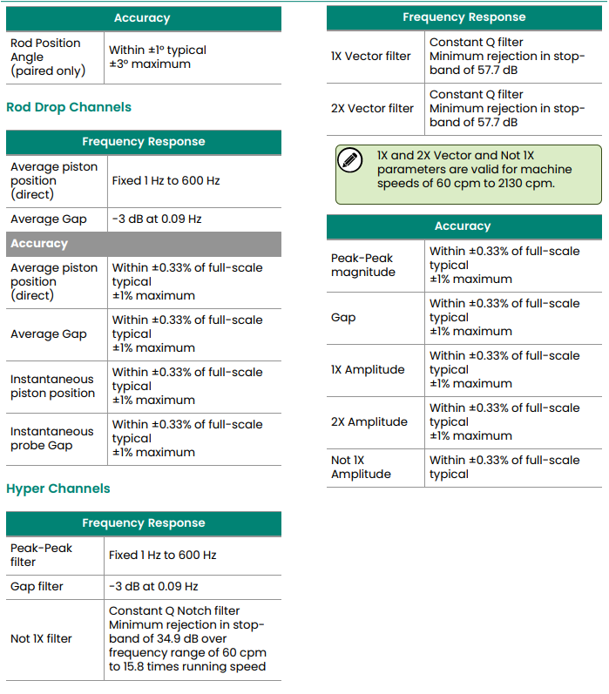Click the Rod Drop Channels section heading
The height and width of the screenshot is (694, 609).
pyautogui.click(x=69, y=107)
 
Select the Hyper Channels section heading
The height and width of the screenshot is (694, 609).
pyautogui.click(x=58, y=488)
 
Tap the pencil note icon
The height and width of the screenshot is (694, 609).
pyautogui.click(x=350, y=160)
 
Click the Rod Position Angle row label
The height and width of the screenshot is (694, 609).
pyautogui.click(x=47, y=57)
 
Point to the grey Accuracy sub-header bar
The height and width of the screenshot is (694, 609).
pyautogui.click(x=144, y=244)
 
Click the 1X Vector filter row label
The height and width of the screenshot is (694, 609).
pyautogui.click(x=371, y=56)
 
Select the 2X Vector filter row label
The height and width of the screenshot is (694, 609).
pyautogui.click(x=372, y=108)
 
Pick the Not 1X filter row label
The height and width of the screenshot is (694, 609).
pyautogui.click(x=41, y=638)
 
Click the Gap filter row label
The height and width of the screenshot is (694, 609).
pyautogui.click(x=37, y=586)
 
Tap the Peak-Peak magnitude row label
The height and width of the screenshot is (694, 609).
pyautogui.click(x=363, y=265)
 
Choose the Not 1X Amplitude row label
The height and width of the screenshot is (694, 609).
pyautogui.click(x=361, y=467)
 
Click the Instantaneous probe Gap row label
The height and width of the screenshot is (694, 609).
pyautogui.click(x=51, y=438)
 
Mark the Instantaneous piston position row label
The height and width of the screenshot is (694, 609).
pyautogui.click(x=53, y=386)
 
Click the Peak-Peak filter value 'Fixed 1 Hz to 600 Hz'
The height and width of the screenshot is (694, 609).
pyautogui.click(x=163, y=555)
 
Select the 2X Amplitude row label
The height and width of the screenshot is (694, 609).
pyautogui.click(x=369, y=421)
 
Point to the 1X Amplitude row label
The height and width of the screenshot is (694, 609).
pyautogui.click(x=368, y=369)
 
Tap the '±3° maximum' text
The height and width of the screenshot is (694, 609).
pyautogui.click(x=150, y=64)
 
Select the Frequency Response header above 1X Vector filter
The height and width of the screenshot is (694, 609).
pyautogui.click(x=464, y=17)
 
